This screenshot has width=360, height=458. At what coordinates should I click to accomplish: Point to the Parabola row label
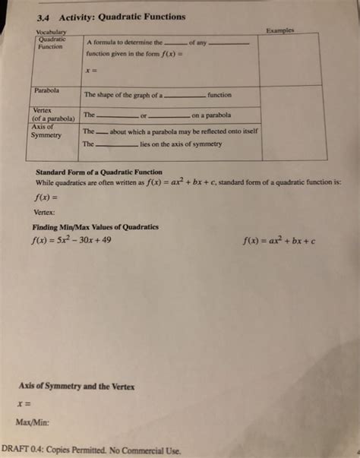click(x=48, y=91)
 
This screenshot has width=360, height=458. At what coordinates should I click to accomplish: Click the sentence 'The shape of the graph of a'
click(x=123, y=96)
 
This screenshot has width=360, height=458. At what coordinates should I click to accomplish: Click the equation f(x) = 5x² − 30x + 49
click(x=71, y=242)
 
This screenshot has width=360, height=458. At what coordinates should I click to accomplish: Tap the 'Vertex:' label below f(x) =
click(x=44, y=213)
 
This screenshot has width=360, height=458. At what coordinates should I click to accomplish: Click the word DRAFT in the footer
click(x=17, y=449)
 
